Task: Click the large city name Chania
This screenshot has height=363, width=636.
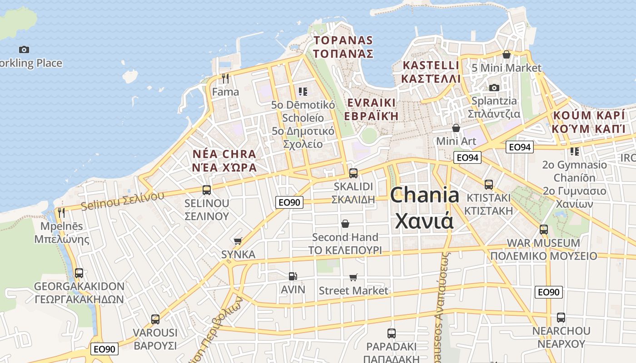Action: [x=424, y=195]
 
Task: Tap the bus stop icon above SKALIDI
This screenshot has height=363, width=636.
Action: [x=353, y=173]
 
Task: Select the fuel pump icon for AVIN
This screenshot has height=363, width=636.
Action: [x=293, y=276]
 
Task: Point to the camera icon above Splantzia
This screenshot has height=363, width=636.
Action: [x=494, y=87]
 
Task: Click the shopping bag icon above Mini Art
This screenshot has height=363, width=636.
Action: [x=456, y=128]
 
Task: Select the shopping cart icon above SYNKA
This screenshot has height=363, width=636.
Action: [x=238, y=241]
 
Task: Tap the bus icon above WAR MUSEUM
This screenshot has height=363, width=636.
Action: [x=544, y=229]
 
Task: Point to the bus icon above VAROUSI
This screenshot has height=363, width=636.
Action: [x=155, y=319]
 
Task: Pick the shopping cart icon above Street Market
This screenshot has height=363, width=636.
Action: [x=353, y=277]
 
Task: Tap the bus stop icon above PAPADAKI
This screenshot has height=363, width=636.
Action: [x=391, y=334]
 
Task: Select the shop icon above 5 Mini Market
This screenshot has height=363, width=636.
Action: [x=507, y=54]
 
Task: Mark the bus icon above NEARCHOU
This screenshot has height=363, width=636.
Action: [x=561, y=317]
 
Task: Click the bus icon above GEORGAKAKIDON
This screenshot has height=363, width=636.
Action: [x=79, y=273]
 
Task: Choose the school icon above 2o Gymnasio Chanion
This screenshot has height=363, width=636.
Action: [x=575, y=151]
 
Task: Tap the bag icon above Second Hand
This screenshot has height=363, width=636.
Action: [x=345, y=224]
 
